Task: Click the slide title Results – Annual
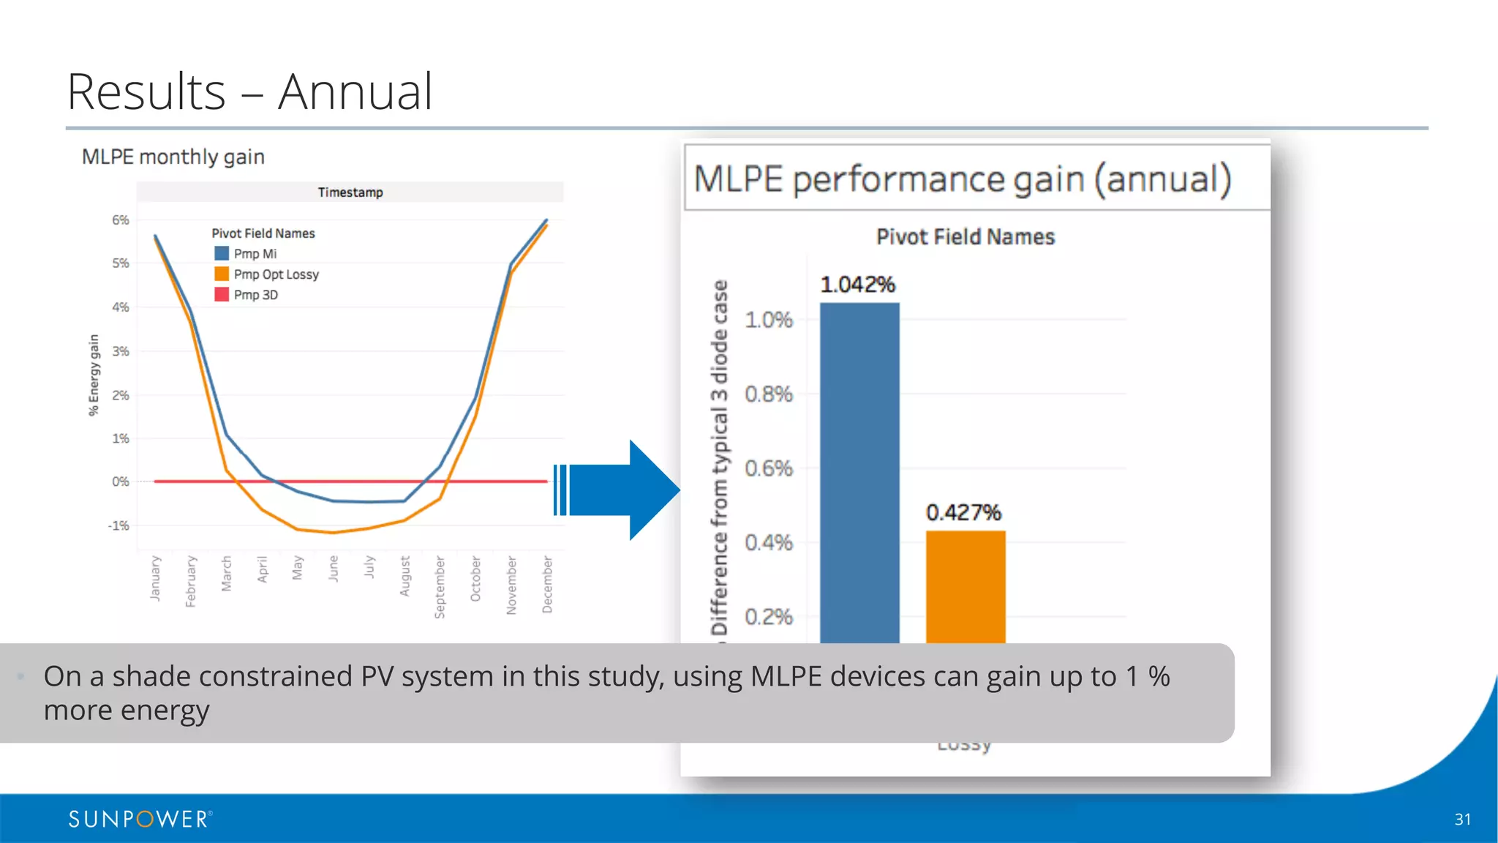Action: [249, 92]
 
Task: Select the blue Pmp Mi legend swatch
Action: [222, 253]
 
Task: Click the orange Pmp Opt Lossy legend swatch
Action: [222, 274]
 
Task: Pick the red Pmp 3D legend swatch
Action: [222, 294]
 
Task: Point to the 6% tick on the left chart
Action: [121, 220]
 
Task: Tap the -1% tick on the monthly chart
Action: [118, 525]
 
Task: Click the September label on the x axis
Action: [440, 587]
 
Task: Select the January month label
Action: [155, 578]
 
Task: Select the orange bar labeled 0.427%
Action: [966, 585]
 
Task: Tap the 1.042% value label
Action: [857, 284]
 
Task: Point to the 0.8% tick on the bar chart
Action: [768, 394]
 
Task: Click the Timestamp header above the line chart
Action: [350, 192]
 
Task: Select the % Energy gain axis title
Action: [94, 375]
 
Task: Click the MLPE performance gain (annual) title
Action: [963, 179]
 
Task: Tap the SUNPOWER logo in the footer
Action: [140, 819]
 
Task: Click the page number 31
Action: [1462, 820]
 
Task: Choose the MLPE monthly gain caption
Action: [173, 157]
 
